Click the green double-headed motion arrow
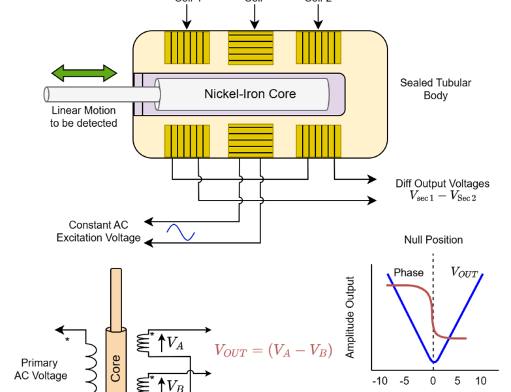click(84, 73)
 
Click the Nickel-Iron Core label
click(250, 93)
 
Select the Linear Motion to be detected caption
click(84, 116)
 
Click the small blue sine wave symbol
click(181, 232)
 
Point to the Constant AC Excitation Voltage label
click(99, 231)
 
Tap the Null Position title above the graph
click(433, 240)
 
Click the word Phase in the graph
click(409, 272)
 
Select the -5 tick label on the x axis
click(405, 381)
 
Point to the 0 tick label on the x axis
click(433, 381)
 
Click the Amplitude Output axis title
click(350, 318)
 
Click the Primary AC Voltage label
click(40, 369)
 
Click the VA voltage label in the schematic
click(174, 342)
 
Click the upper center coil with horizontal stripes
click(250, 47)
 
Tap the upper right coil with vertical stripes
click(318, 47)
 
